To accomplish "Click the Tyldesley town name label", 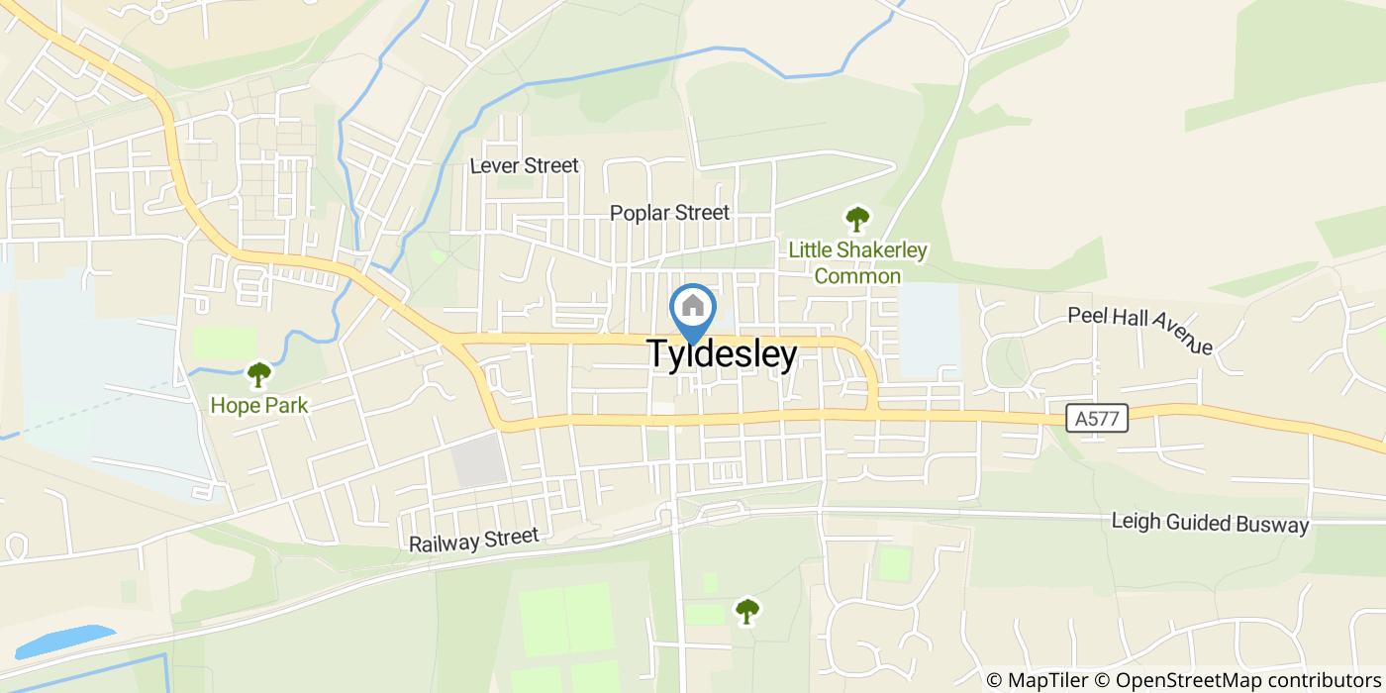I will pyautogui.click(x=722, y=354).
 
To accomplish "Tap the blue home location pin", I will pyautogui.click(x=693, y=308).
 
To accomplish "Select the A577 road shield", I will pyautogui.click(x=1099, y=419).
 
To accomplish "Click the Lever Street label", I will pyautogui.click(x=524, y=165).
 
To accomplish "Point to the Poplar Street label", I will pyautogui.click(x=669, y=213).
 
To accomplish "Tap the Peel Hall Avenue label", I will pyautogui.click(x=1140, y=330).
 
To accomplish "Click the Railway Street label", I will pyautogui.click(x=474, y=540).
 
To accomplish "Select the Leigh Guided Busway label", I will pyautogui.click(x=1210, y=524).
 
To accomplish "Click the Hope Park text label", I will pyautogui.click(x=258, y=405).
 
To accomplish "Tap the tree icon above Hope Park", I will pyautogui.click(x=258, y=374).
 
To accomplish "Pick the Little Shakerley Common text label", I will pyautogui.click(x=857, y=262).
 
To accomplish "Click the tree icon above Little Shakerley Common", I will pyautogui.click(x=856, y=219).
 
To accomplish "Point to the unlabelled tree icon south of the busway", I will pyautogui.click(x=746, y=611).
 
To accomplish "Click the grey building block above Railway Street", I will pyautogui.click(x=479, y=461).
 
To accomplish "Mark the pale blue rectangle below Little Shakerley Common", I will pyautogui.click(x=929, y=330).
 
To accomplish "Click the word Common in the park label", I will pyautogui.click(x=857, y=276).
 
